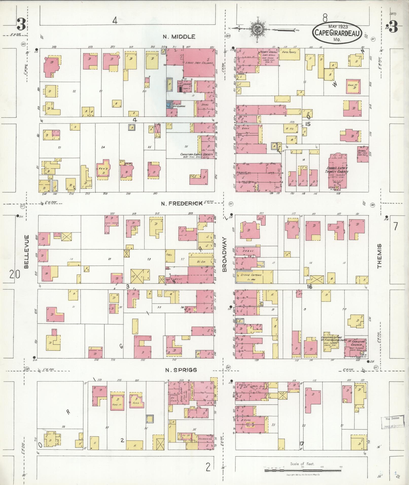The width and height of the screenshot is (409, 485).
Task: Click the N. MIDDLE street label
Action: (x=179, y=37)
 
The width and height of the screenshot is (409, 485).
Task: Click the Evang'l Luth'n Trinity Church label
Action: (x=337, y=170)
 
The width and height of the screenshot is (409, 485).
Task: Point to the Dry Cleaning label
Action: (x=179, y=106)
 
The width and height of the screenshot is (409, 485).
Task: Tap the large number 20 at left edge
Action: (x=14, y=274)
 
